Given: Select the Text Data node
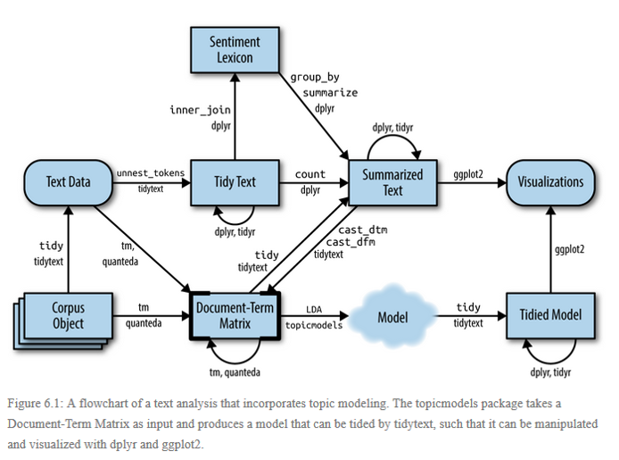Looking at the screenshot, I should click(x=69, y=182).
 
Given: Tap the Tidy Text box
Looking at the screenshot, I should click(x=235, y=182).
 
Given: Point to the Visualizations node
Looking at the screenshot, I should click(x=550, y=182).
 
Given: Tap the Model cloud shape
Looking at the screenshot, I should click(x=392, y=316).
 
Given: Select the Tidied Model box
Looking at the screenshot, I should click(x=550, y=316).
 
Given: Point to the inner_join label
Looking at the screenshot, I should click(x=201, y=110).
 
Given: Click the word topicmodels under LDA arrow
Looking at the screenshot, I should click(x=314, y=325).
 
